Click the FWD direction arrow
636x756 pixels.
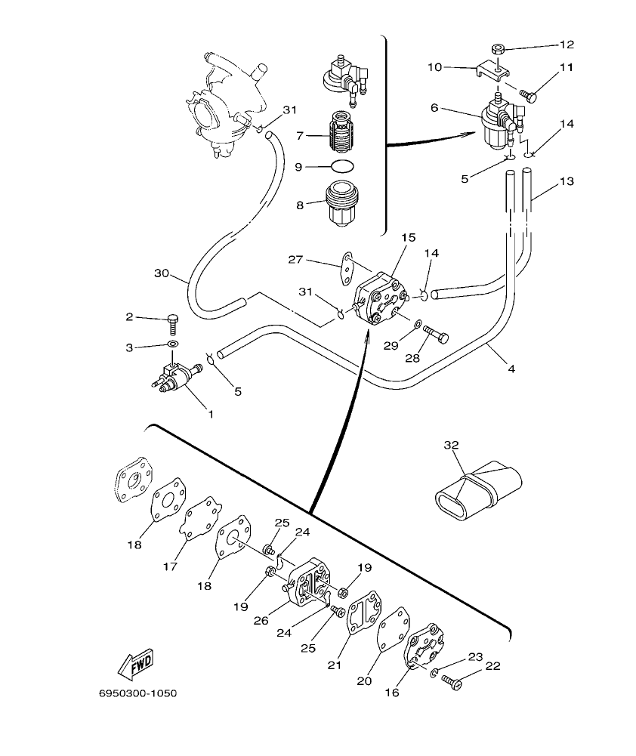pyautogui.click(x=136, y=665)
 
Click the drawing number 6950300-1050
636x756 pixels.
pyautogui.click(x=138, y=693)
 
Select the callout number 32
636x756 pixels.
pyautogui.click(x=451, y=446)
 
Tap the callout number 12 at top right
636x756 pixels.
pyautogui.click(x=567, y=45)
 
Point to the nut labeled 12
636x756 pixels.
pyautogui.click(x=496, y=50)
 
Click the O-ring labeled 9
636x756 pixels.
pyautogui.click(x=343, y=166)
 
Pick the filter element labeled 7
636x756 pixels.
pyautogui.click(x=343, y=136)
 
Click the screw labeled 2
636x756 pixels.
pyautogui.click(x=173, y=324)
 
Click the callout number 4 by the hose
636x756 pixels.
pyautogui.click(x=511, y=369)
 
